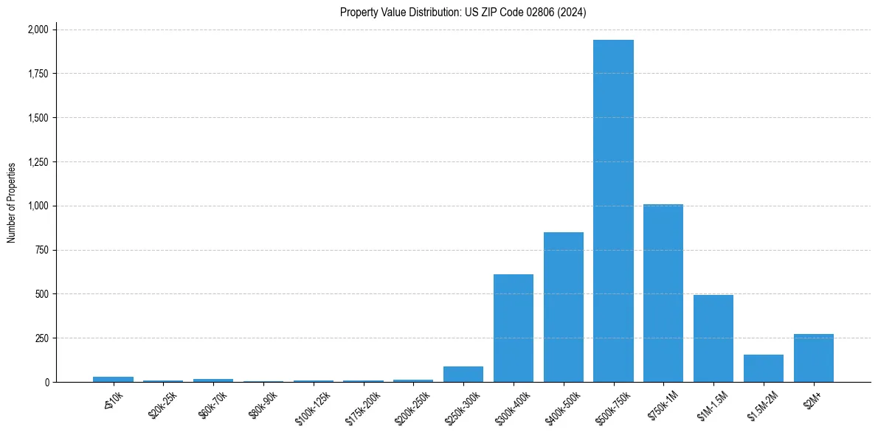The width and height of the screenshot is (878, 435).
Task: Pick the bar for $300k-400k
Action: pos(514,328)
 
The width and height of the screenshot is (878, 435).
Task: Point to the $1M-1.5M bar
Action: pos(713,338)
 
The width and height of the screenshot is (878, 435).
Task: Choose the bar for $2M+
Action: pos(814,358)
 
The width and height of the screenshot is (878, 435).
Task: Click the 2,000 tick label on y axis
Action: pos(38,29)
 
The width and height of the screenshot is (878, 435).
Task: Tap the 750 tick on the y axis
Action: pos(42,250)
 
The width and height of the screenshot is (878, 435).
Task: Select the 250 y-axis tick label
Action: pos(42,338)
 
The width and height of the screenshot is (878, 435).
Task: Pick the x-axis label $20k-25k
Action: pos(163,403)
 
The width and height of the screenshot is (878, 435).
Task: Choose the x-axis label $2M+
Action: pos(813,399)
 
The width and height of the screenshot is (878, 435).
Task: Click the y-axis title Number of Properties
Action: pos(12,203)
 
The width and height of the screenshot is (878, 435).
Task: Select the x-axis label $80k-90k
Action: pos(263,403)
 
